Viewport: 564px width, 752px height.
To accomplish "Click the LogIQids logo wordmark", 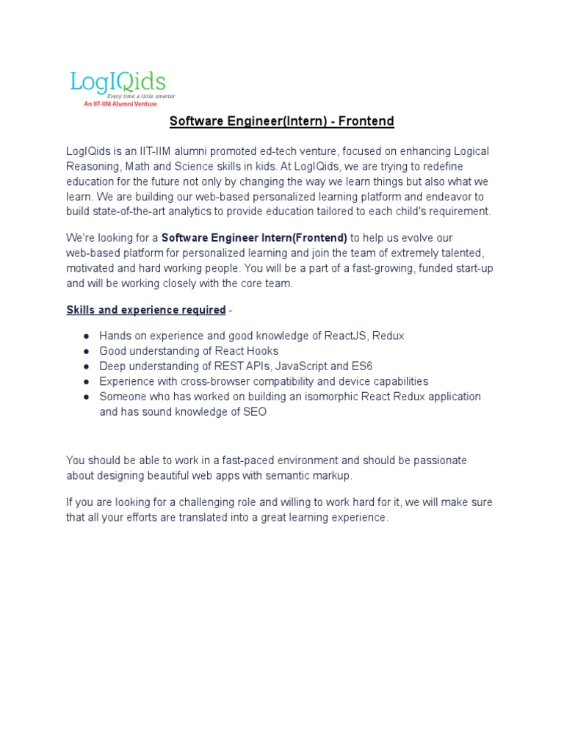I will (117, 81).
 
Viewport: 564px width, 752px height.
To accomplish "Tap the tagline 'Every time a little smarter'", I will (141, 95).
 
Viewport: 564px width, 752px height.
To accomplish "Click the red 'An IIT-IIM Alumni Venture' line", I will (120, 104).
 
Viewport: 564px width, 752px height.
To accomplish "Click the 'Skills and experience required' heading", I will (146, 310).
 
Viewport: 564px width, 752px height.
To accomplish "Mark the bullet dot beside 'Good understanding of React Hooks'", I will (86, 351).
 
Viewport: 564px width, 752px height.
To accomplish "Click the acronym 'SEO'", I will (254, 412).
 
